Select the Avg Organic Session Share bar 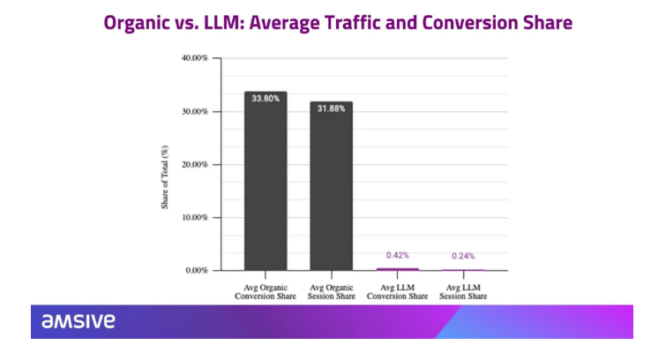click(331, 186)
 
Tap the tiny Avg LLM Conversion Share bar click(397, 268)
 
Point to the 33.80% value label click(266, 99)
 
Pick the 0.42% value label click(398, 255)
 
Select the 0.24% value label click(463, 256)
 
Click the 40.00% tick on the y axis click(195, 58)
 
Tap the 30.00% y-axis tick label click(195, 111)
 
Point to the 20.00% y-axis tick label click(195, 164)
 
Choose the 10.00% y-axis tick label click(195, 217)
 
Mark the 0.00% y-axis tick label click(197, 270)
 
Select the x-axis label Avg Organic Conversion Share click(266, 290)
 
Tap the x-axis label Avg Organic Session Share click(331, 290)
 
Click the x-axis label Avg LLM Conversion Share click(397, 290)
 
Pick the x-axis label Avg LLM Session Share click(463, 290)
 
